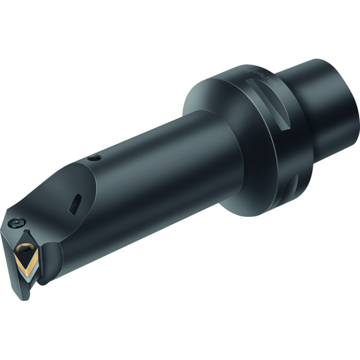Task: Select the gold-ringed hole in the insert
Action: coord(22,248)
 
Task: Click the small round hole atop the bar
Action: coord(96,159)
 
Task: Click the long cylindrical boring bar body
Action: coord(155,178)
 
